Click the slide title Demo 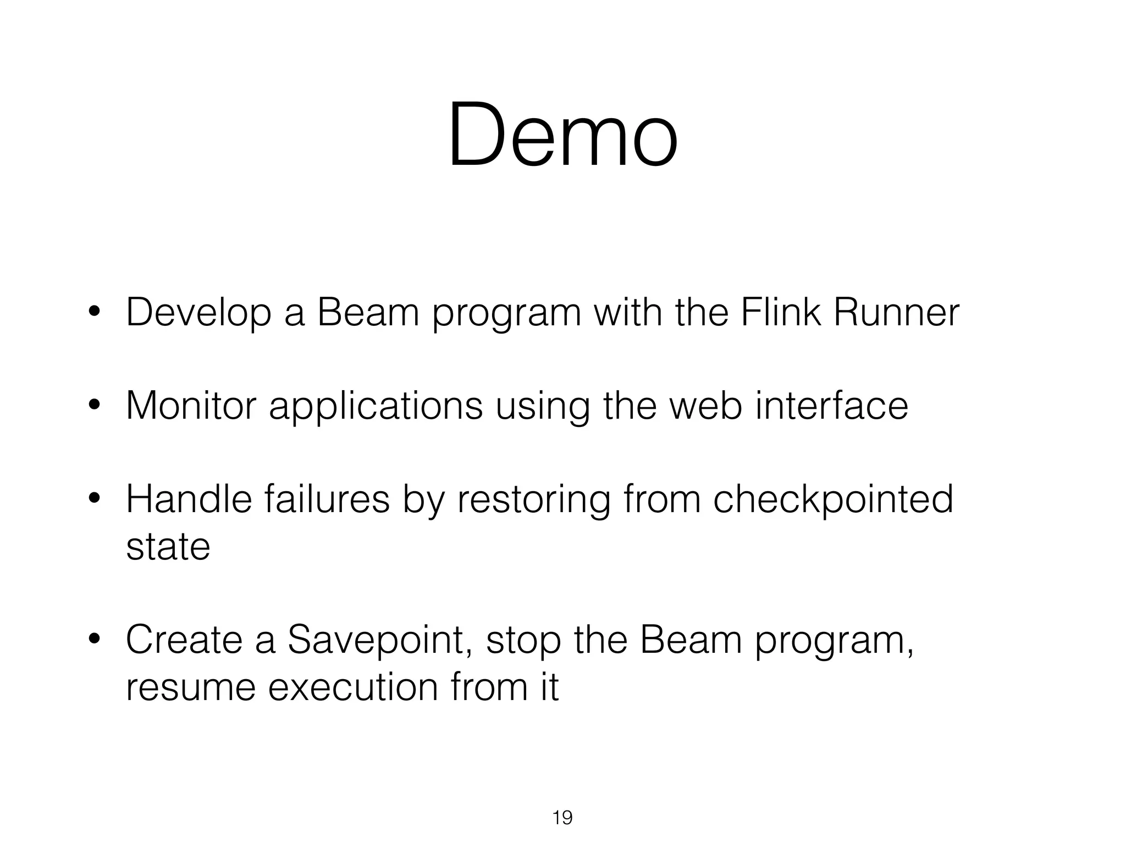pyautogui.click(x=562, y=135)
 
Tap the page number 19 pyautogui.click(x=562, y=818)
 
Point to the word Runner pyautogui.click(x=896, y=312)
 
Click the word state pyautogui.click(x=168, y=547)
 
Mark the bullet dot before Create pyautogui.click(x=94, y=639)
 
